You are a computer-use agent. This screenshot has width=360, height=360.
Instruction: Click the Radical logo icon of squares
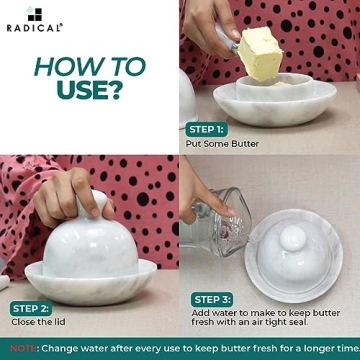coord(34,13)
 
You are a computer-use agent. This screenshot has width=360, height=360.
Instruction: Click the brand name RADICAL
coord(34,29)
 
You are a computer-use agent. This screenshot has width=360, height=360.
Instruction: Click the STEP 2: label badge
coord(31,308)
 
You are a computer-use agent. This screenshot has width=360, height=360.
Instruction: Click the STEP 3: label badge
coord(213,299)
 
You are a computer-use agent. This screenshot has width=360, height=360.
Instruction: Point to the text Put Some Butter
coord(222,144)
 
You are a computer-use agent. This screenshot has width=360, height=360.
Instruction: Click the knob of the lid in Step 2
coord(94,204)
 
